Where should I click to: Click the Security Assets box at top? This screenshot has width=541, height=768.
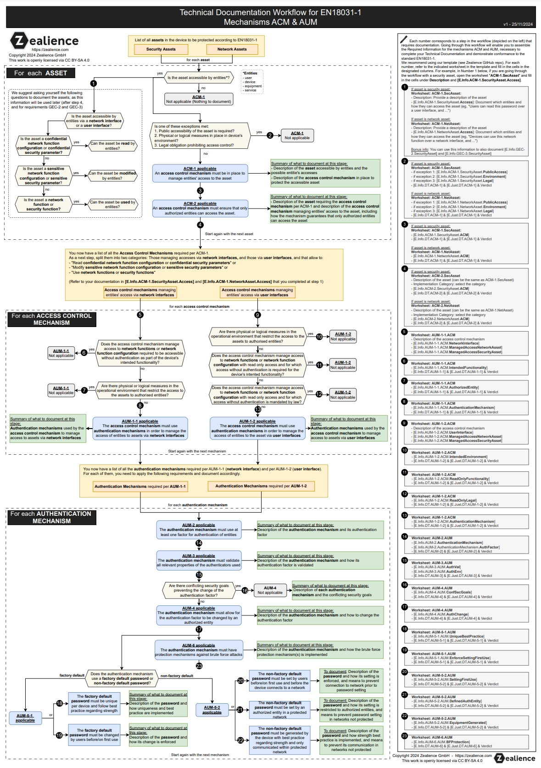point(161,49)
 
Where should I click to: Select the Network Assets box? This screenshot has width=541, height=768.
point(232,49)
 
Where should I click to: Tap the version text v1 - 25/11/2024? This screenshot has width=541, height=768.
point(518,24)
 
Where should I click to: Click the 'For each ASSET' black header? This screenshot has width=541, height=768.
point(41,73)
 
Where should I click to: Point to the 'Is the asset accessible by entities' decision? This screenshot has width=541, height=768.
point(198,78)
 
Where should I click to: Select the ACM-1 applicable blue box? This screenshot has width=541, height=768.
point(200,174)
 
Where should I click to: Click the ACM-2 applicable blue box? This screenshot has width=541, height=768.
point(200,208)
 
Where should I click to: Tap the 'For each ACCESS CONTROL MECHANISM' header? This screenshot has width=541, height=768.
point(52,319)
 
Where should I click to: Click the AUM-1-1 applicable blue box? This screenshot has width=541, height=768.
point(140,428)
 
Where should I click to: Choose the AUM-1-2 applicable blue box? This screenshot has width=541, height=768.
point(257,428)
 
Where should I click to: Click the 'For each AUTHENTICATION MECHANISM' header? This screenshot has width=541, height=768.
point(51,517)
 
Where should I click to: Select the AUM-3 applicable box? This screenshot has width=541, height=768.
point(199,560)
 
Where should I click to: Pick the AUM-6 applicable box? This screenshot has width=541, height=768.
point(199,650)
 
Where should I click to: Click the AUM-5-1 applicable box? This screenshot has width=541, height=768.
point(25,718)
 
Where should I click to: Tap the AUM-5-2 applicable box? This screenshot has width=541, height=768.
point(212,710)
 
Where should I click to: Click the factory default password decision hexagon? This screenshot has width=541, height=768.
point(122,678)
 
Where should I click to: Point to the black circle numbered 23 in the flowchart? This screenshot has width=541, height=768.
point(199,666)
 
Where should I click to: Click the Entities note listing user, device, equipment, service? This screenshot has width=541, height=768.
point(252,82)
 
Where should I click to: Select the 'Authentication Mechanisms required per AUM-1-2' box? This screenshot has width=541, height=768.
point(261,486)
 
